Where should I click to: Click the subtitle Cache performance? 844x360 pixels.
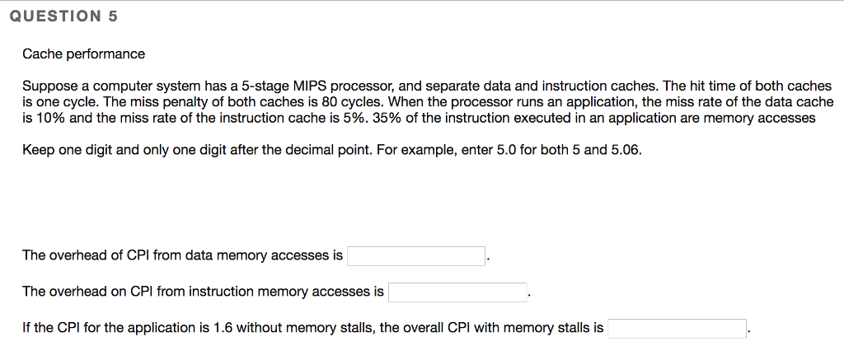coord(83,54)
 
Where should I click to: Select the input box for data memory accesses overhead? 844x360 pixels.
coord(415,256)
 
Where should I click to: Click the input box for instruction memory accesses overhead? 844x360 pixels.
coord(457,292)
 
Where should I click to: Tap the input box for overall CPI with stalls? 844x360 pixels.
coord(677,329)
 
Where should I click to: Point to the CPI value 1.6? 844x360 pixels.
coord(223,328)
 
